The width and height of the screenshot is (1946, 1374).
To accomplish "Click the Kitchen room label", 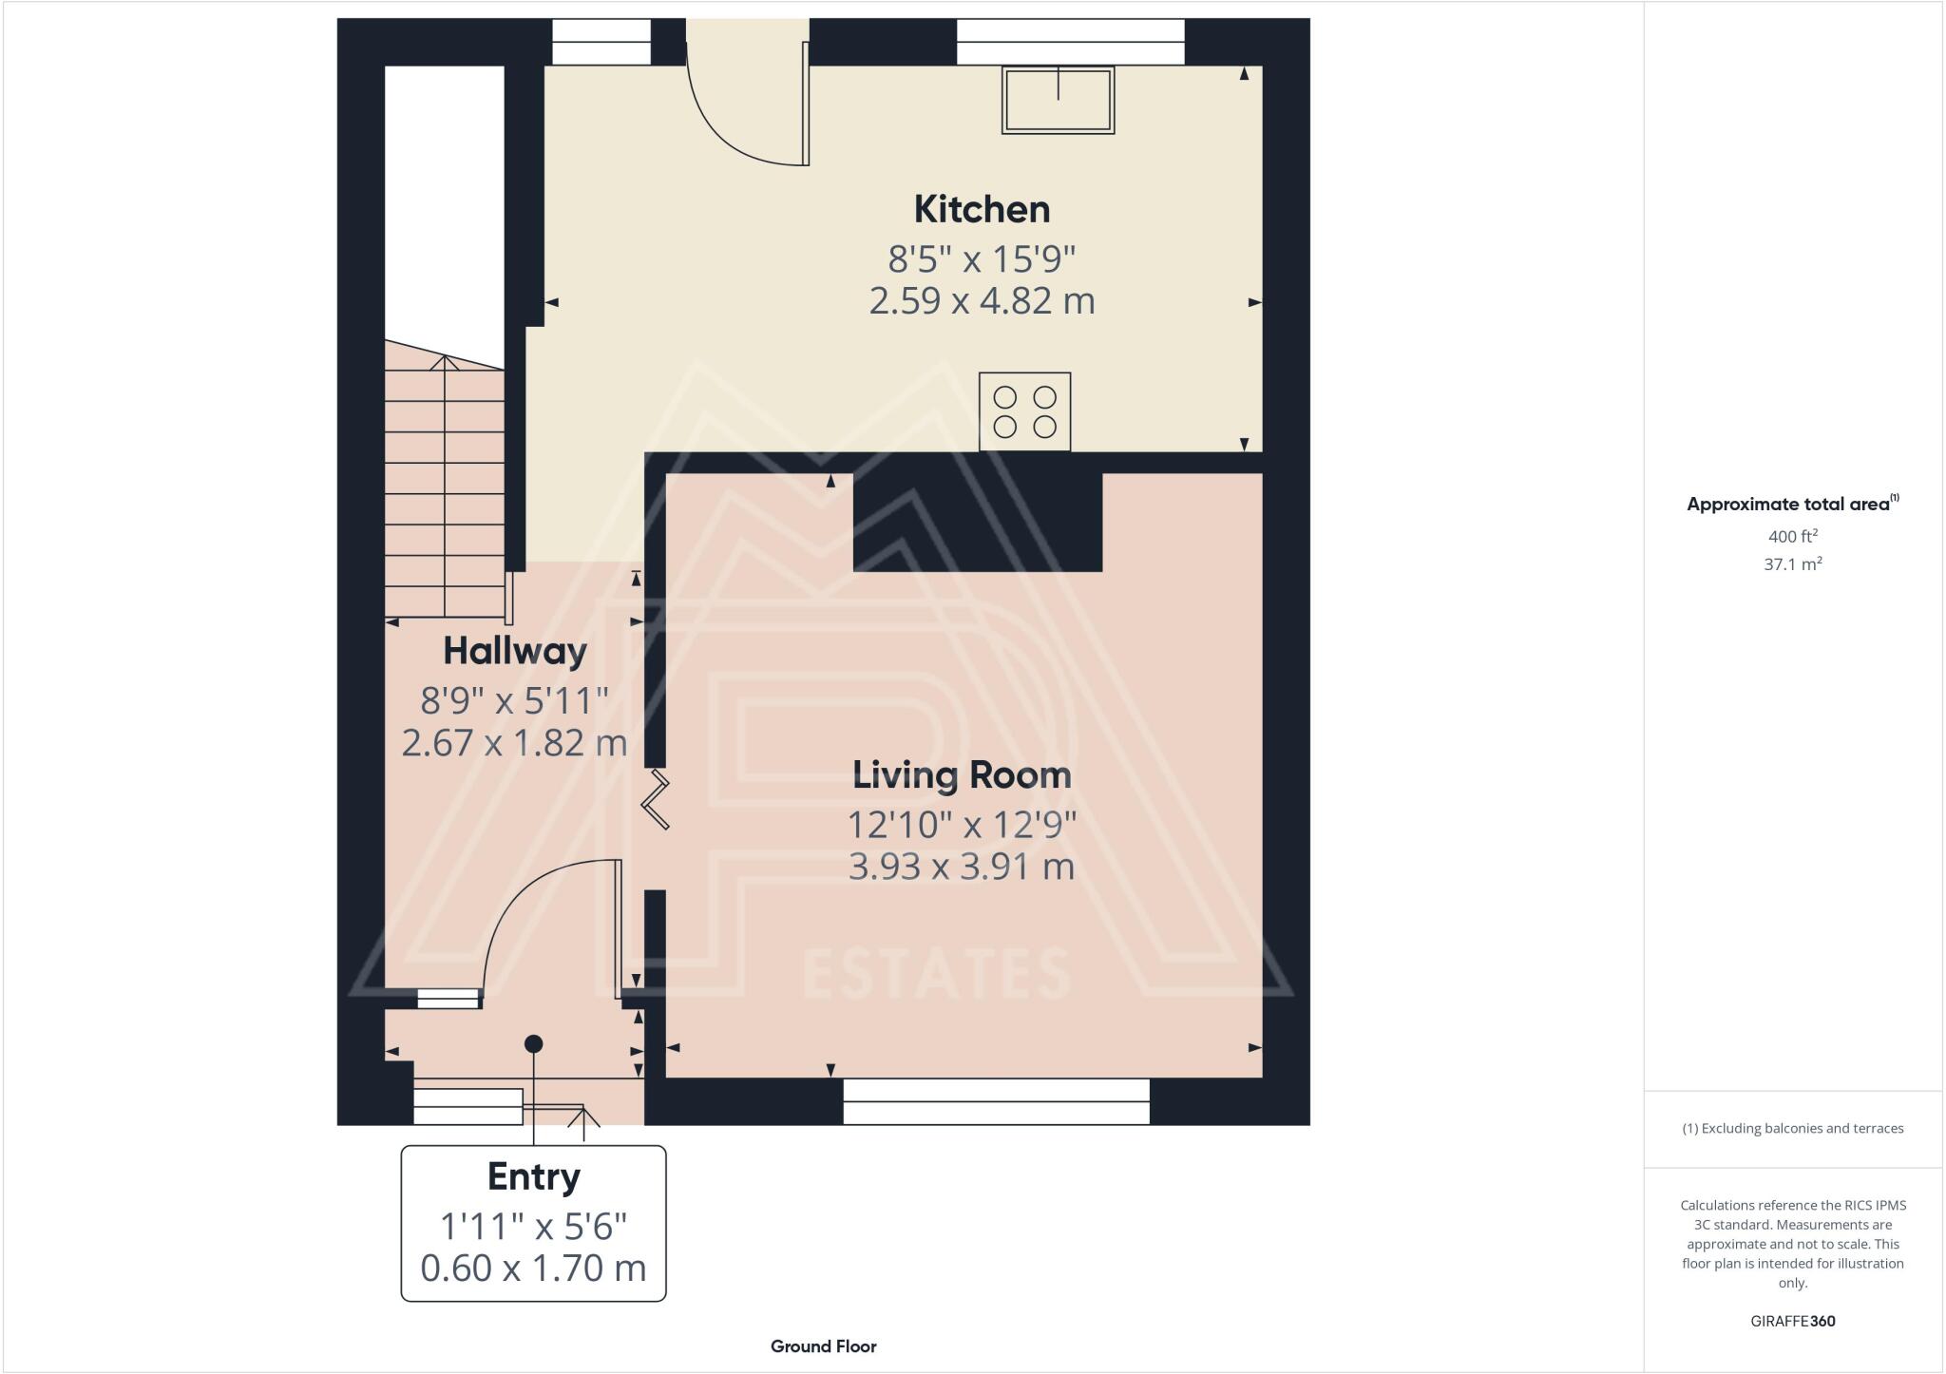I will [x=982, y=210].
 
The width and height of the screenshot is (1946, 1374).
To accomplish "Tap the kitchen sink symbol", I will [x=1058, y=100].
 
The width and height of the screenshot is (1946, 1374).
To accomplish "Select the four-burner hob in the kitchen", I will [x=1024, y=411].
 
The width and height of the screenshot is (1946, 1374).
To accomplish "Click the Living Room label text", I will [x=962, y=775].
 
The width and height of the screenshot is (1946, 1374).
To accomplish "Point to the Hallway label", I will [x=515, y=651].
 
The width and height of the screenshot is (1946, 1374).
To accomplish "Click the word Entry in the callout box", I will [x=533, y=1177].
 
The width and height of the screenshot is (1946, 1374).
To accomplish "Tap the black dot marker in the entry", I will [x=534, y=1043].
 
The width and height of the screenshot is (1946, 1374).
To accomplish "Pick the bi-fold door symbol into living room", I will [x=657, y=800].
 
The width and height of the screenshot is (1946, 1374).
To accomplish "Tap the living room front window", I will [x=996, y=1101].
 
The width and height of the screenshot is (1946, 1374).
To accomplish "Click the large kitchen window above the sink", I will [x=1070, y=42].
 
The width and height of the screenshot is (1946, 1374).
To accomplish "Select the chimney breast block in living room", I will [x=977, y=522].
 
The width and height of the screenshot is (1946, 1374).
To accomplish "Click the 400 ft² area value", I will [x=1792, y=536].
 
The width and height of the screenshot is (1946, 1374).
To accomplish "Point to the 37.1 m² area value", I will [x=1792, y=564].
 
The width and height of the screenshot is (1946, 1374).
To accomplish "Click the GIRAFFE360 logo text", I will [x=1792, y=1321].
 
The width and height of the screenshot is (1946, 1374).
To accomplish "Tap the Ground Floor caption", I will [x=823, y=1346].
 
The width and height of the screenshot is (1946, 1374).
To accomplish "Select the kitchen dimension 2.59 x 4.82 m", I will [x=982, y=301].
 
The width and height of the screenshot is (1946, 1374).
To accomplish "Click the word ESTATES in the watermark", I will [x=937, y=975].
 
